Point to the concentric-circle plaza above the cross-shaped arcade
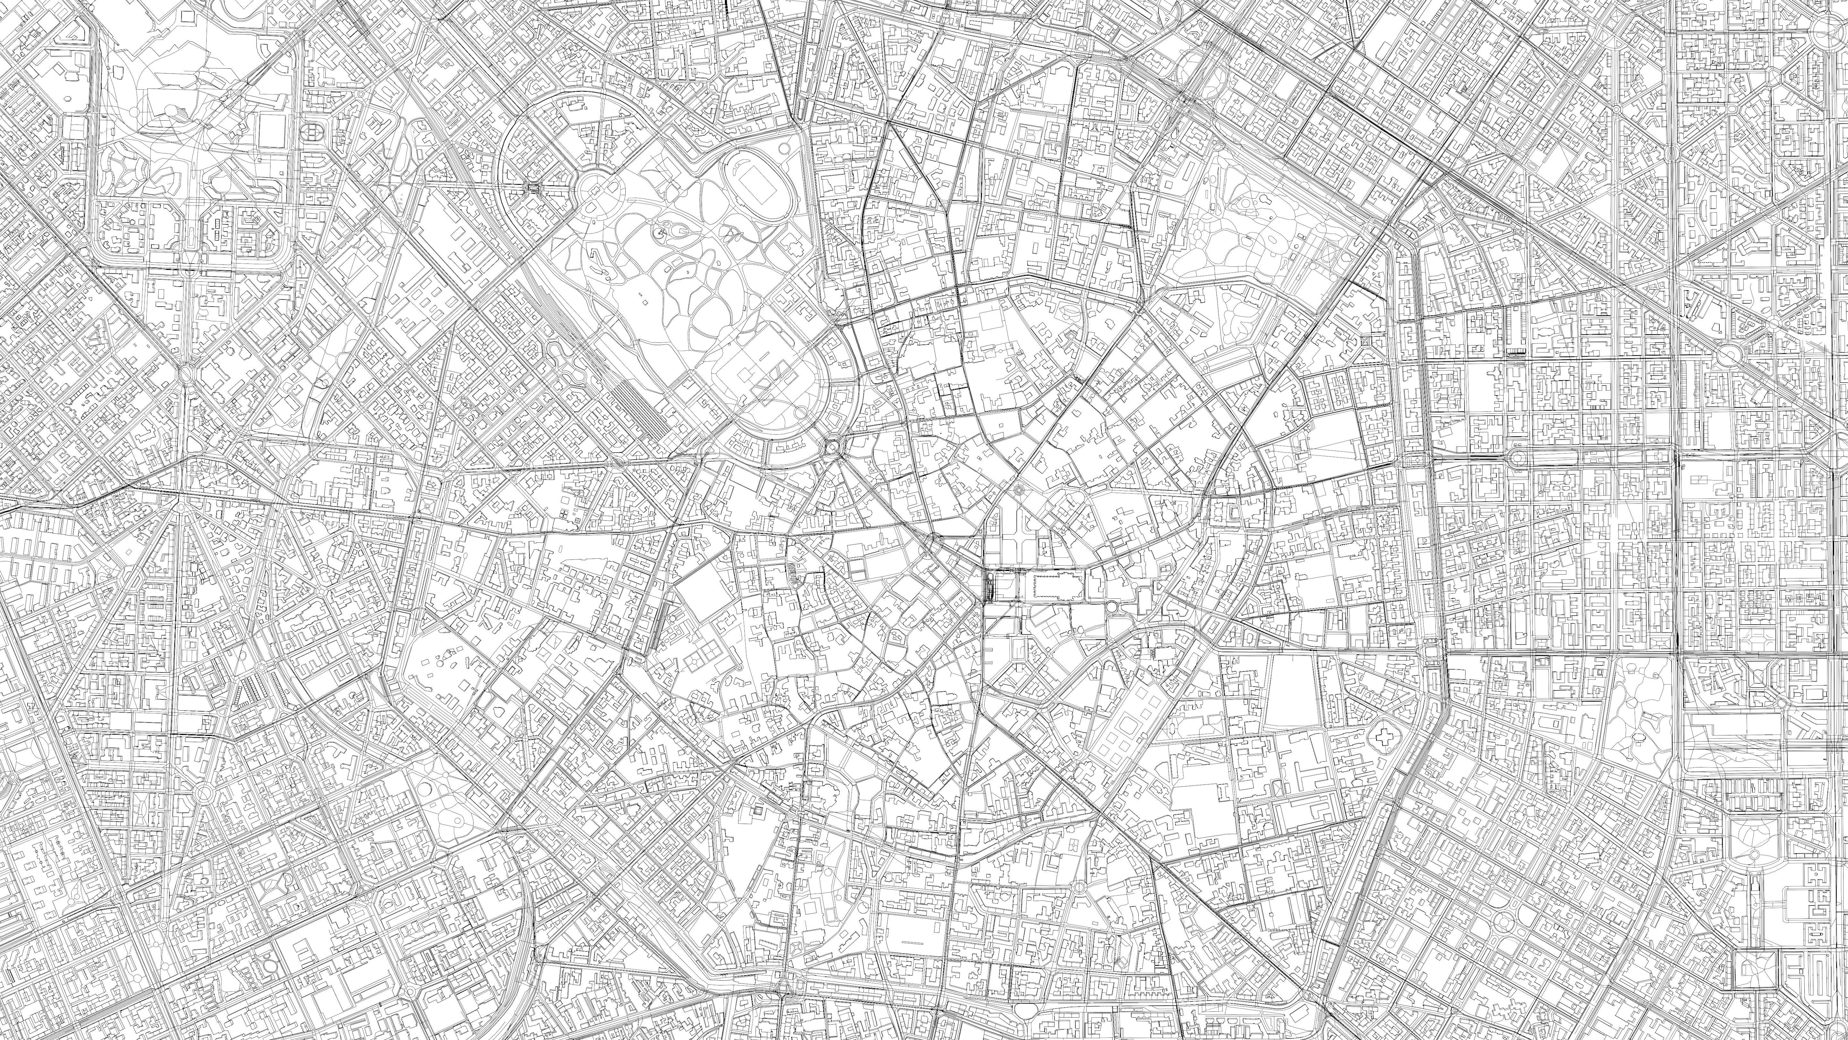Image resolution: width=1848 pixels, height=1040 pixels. pos(1019,490)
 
